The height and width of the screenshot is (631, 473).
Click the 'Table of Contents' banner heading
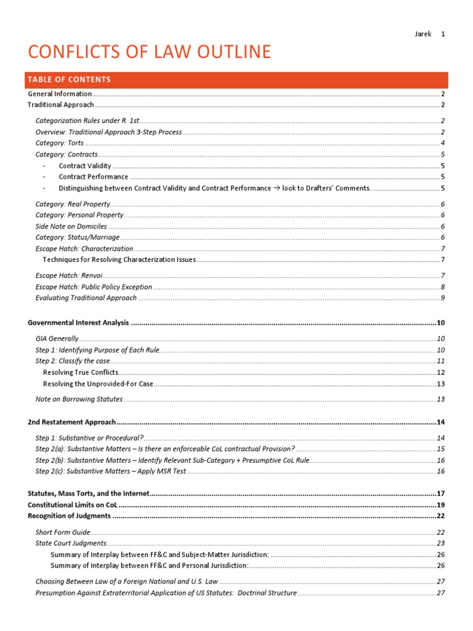coord(70,79)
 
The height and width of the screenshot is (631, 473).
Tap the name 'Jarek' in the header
coord(422,34)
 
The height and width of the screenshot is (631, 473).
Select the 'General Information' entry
coord(60,94)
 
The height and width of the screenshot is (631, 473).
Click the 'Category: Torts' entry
coord(60,143)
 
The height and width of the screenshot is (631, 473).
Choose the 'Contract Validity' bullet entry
coord(85,166)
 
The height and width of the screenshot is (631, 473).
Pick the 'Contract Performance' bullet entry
coord(94,177)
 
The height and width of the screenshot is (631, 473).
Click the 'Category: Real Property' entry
coord(73,204)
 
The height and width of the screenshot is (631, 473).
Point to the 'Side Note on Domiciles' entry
coord(71,226)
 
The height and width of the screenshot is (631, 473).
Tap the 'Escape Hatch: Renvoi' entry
coord(69,275)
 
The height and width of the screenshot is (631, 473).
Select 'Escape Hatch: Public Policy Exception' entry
coord(94,287)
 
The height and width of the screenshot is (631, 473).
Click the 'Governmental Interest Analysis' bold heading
coord(79,322)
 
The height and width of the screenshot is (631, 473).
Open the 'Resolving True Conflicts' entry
coord(81,373)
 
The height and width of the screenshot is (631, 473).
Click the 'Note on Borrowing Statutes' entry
coord(79,399)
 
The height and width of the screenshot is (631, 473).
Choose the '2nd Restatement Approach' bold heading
coord(72,422)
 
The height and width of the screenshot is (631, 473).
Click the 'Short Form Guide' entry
coord(63,532)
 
